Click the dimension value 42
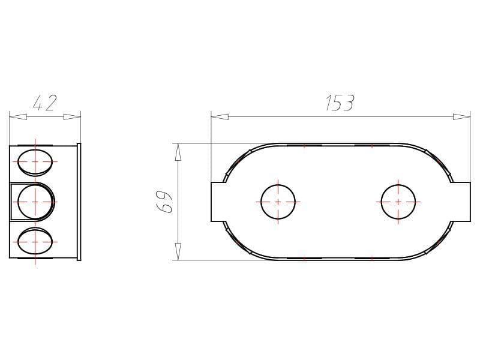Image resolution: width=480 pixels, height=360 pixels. point(44,103)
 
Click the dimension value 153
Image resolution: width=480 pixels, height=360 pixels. point(340,103)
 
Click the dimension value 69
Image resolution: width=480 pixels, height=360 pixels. point(164,202)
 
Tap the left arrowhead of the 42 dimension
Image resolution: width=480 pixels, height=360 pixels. point(18,116)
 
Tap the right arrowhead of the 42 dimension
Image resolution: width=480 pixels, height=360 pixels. point(72,116)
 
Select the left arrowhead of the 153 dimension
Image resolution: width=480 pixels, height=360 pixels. point(220,116)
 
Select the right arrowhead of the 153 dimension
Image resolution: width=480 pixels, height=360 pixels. point(461,116)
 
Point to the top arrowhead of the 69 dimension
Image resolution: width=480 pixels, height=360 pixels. point(178,152)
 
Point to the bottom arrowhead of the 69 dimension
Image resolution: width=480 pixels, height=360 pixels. point(178,251)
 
